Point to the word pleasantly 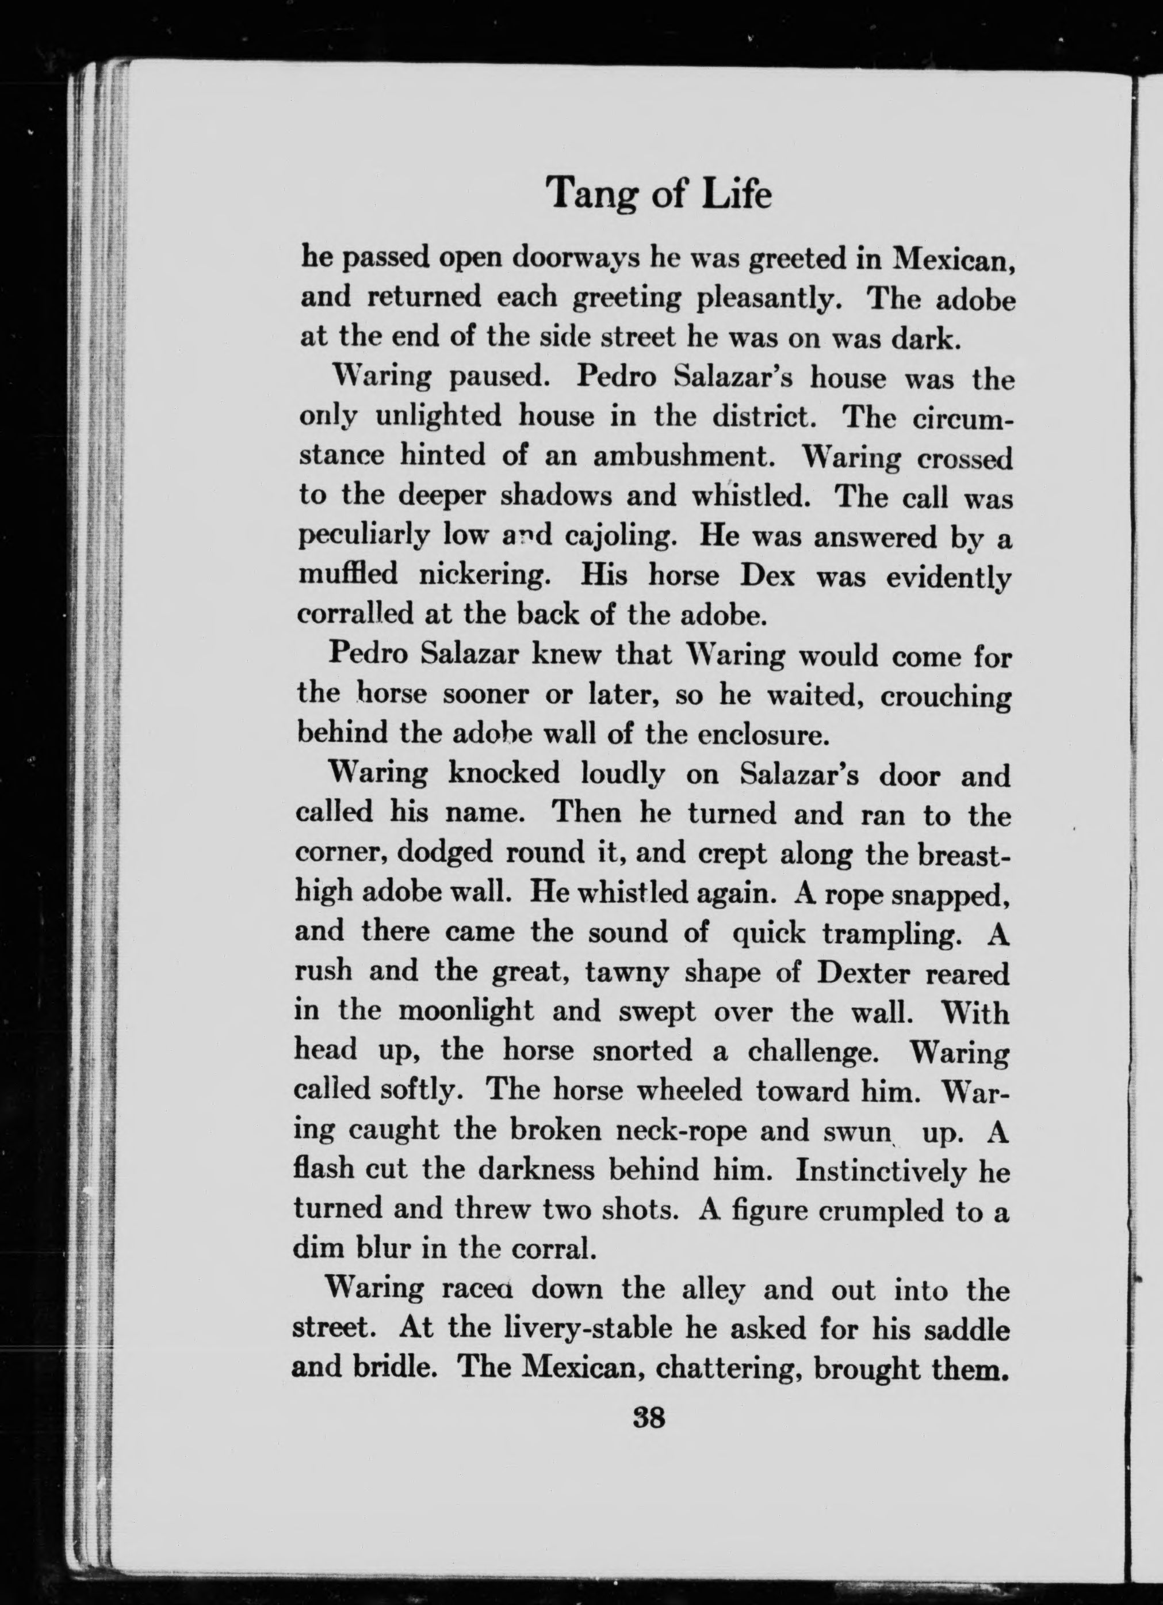(769, 299)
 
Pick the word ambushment (682, 456)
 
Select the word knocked (504, 775)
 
